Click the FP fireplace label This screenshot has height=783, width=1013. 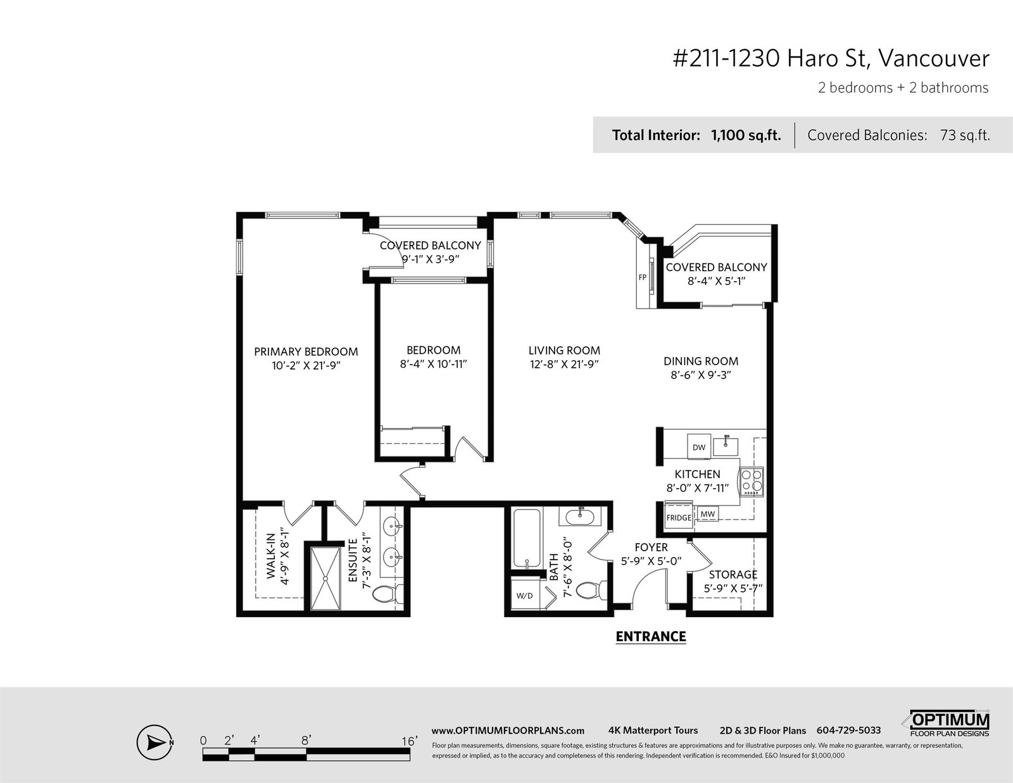tap(642, 277)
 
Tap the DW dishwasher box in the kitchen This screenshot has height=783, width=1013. tap(699, 447)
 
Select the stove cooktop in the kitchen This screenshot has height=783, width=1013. tap(752, 482)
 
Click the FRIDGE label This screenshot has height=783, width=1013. tap(678, 517)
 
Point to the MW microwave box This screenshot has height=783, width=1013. tap(707, 514)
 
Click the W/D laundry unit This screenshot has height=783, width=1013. tap(524, 596)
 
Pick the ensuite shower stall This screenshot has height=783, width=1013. tap(325, 577)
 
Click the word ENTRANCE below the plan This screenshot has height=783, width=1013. tap(651, 637)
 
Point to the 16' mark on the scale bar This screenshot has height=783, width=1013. tap(409, 741)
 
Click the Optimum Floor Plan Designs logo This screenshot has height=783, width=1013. tap(947, 723)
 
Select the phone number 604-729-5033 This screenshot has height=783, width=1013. tap(848, 730)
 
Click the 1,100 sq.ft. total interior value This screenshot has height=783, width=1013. tap(746, 135)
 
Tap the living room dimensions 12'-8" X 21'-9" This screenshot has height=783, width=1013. tap(564, 364)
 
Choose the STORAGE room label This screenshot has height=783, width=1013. tap(733, 575)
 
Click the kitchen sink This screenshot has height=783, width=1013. tap(726, 446)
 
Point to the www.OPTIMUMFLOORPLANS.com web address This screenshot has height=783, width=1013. tap(508, 731)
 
